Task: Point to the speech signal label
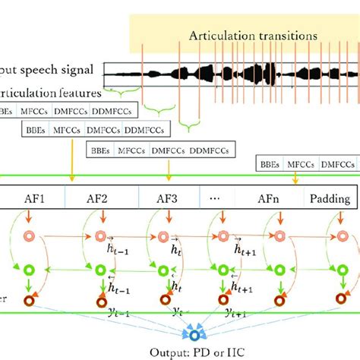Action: tap(47, 70)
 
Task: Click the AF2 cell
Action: tap(101, 200)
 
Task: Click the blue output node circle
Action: tap(196, 335)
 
